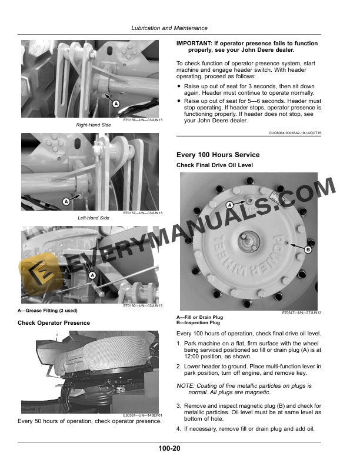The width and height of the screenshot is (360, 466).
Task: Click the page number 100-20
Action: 169,448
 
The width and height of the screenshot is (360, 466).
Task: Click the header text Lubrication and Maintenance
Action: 169,28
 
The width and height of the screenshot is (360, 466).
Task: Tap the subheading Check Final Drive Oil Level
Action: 215,165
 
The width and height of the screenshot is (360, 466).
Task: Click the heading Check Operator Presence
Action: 54,322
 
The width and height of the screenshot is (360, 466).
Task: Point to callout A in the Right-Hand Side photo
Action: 116,104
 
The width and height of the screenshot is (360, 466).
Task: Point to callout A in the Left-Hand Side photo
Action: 66,201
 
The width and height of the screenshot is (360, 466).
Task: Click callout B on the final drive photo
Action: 307,249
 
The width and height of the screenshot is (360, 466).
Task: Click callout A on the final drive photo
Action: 230,204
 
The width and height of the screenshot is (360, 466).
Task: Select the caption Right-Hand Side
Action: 94,125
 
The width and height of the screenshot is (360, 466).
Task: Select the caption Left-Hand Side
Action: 94,218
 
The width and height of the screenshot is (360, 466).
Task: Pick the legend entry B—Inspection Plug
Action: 198,323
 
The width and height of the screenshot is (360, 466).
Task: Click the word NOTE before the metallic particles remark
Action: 186,385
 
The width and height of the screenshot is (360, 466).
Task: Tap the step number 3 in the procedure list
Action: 179,406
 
